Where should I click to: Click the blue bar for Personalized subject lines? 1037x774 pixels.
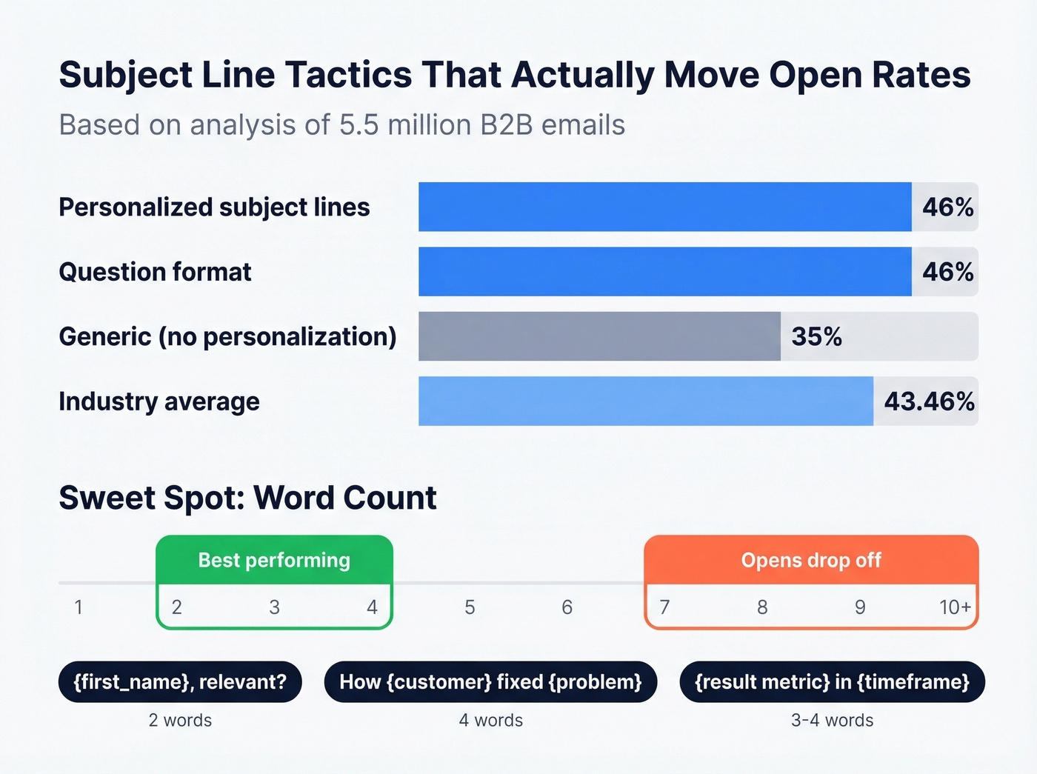pos(664,207)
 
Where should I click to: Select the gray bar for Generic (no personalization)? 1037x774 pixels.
pos(599,336)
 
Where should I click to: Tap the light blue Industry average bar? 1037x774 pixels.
pos(645,401)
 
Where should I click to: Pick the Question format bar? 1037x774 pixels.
pos(664,272)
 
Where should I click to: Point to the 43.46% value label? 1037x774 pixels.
pos(929,401)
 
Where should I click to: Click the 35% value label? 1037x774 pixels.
pos(816,337)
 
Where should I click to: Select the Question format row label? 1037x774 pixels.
pos(155,272)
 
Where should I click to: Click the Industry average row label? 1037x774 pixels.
pos(159,401)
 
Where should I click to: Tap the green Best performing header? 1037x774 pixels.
pos(274,560)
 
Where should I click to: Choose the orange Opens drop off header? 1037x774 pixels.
pos(811,560)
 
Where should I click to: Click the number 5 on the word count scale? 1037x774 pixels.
pos(470,607)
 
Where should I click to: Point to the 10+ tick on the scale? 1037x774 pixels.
pos(955,607)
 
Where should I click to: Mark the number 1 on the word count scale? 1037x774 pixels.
pos(79,607)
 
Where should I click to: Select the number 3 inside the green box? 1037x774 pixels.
pos(274,607)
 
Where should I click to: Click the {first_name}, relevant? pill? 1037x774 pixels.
pos(180,681)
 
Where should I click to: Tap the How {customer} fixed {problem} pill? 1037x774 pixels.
pos(490,681)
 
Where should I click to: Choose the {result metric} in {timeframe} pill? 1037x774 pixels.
pos(832,681)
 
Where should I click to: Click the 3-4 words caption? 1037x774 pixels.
pos(832,720)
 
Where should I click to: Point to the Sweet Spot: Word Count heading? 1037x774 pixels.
pos(247,498)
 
